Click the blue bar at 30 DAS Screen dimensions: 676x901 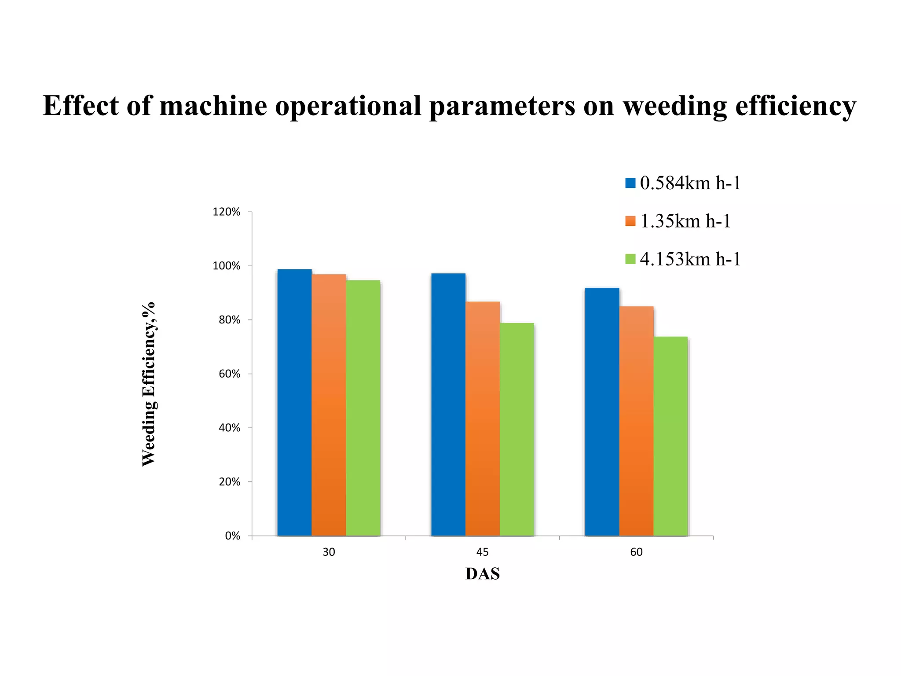tap(294, 402)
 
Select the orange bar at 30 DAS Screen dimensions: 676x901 tap(329, 405)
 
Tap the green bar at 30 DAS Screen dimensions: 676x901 tap(363, 408)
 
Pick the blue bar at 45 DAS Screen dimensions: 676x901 tap(448, 404)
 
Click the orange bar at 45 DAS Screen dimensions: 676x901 tap(483, 419)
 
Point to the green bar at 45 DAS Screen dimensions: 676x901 tap(517, 429)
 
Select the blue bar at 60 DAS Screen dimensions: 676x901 tap(602, 411)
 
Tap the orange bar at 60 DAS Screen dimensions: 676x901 tap(636, 421)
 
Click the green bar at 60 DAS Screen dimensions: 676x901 tap(670, 436)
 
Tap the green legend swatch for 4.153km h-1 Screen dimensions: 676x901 tap(630, 259)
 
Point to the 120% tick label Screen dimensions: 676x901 tap(227, 212)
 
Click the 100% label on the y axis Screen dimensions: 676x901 tap(227, 266)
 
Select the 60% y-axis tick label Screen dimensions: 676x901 tap(229, 374)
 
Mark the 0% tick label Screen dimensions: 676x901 tap(232, 536)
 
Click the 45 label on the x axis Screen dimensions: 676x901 tap(483, 552)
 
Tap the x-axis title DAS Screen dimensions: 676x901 tap(483, 574)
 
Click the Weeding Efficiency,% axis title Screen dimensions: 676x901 tap(149, 384)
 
